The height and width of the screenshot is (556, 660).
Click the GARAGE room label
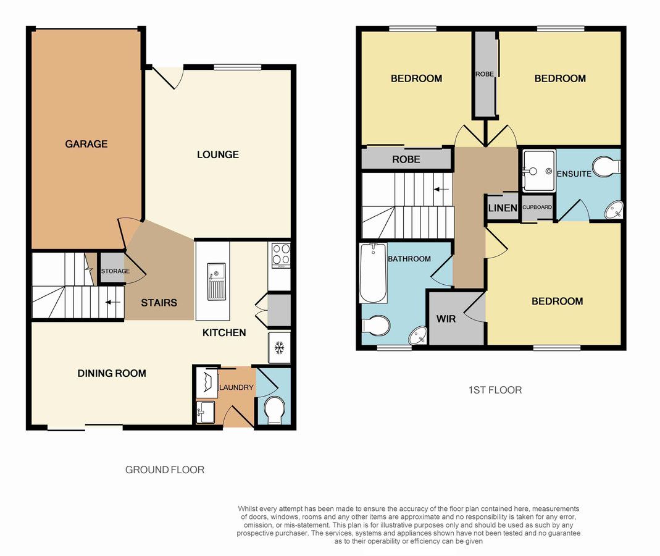(86, 144)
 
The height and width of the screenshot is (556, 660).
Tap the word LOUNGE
(218, 154)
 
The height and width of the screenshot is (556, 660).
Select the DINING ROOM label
(112, 373)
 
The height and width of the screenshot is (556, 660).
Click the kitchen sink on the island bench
(216, 281)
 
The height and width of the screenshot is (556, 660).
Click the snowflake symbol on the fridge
(280, 347)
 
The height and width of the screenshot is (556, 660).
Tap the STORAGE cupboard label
(115, 271)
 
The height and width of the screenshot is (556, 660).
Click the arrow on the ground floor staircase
(113, 302)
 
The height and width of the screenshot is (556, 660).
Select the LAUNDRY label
(236, 387)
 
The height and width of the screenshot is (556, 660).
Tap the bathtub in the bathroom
(374, 272)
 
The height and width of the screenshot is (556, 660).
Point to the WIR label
(446, 319)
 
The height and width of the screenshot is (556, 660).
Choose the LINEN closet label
(503, 208)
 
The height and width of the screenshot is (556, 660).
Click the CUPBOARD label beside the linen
(537, 207)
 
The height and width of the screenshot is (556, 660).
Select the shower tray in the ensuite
(539, 170)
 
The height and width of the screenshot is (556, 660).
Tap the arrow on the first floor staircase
(441, 190)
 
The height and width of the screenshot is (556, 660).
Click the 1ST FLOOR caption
(495, 390)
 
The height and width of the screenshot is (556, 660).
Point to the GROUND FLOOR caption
(165, 470)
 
